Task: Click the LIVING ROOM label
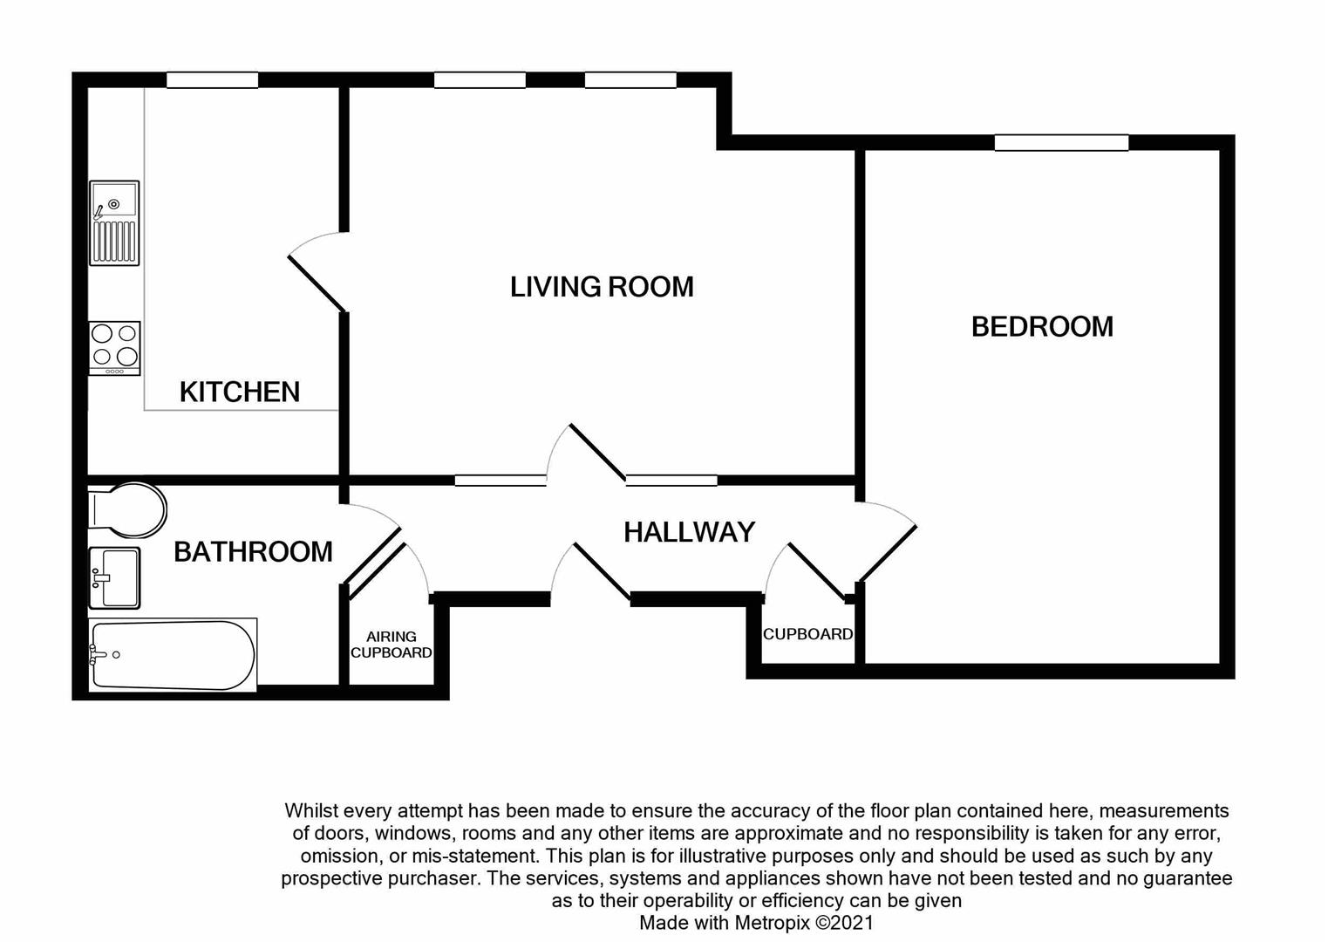602,287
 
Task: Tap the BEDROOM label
1042,326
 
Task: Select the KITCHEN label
240,392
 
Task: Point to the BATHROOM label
253,551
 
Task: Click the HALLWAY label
689,532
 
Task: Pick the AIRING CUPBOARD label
391,645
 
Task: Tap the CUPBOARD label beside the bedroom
807,634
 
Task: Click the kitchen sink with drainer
114,222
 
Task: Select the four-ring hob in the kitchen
114,347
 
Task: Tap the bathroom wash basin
114,577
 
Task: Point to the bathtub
173,654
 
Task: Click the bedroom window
1061,143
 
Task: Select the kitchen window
212,80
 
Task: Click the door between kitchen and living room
318,275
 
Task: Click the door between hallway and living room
597,453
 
